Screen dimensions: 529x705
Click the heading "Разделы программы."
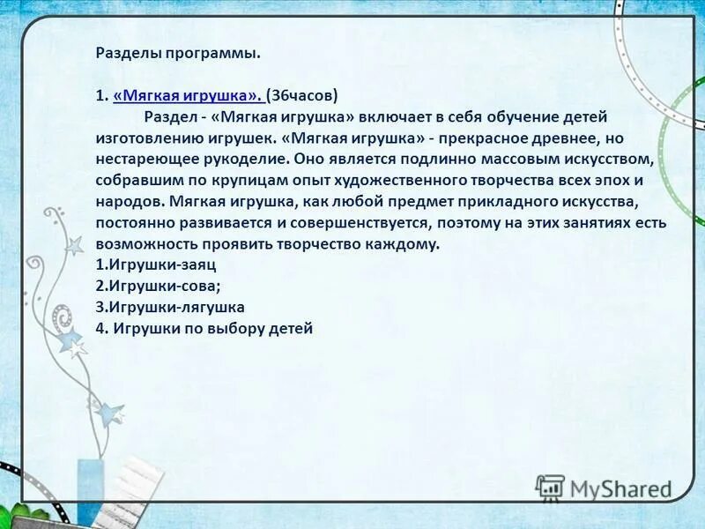tap(178, 53)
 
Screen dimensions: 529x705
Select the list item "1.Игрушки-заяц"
tap(156, 264)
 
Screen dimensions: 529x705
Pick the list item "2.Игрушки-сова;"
tap(158, 286)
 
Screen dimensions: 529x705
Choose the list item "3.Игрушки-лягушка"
tap(170, 307)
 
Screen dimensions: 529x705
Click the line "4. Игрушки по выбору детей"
tap(204, 328)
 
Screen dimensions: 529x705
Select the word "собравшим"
tap(138, 181)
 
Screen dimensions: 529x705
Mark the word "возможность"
tap(146, 244)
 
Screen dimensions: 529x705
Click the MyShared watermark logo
tap(604, 488)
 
